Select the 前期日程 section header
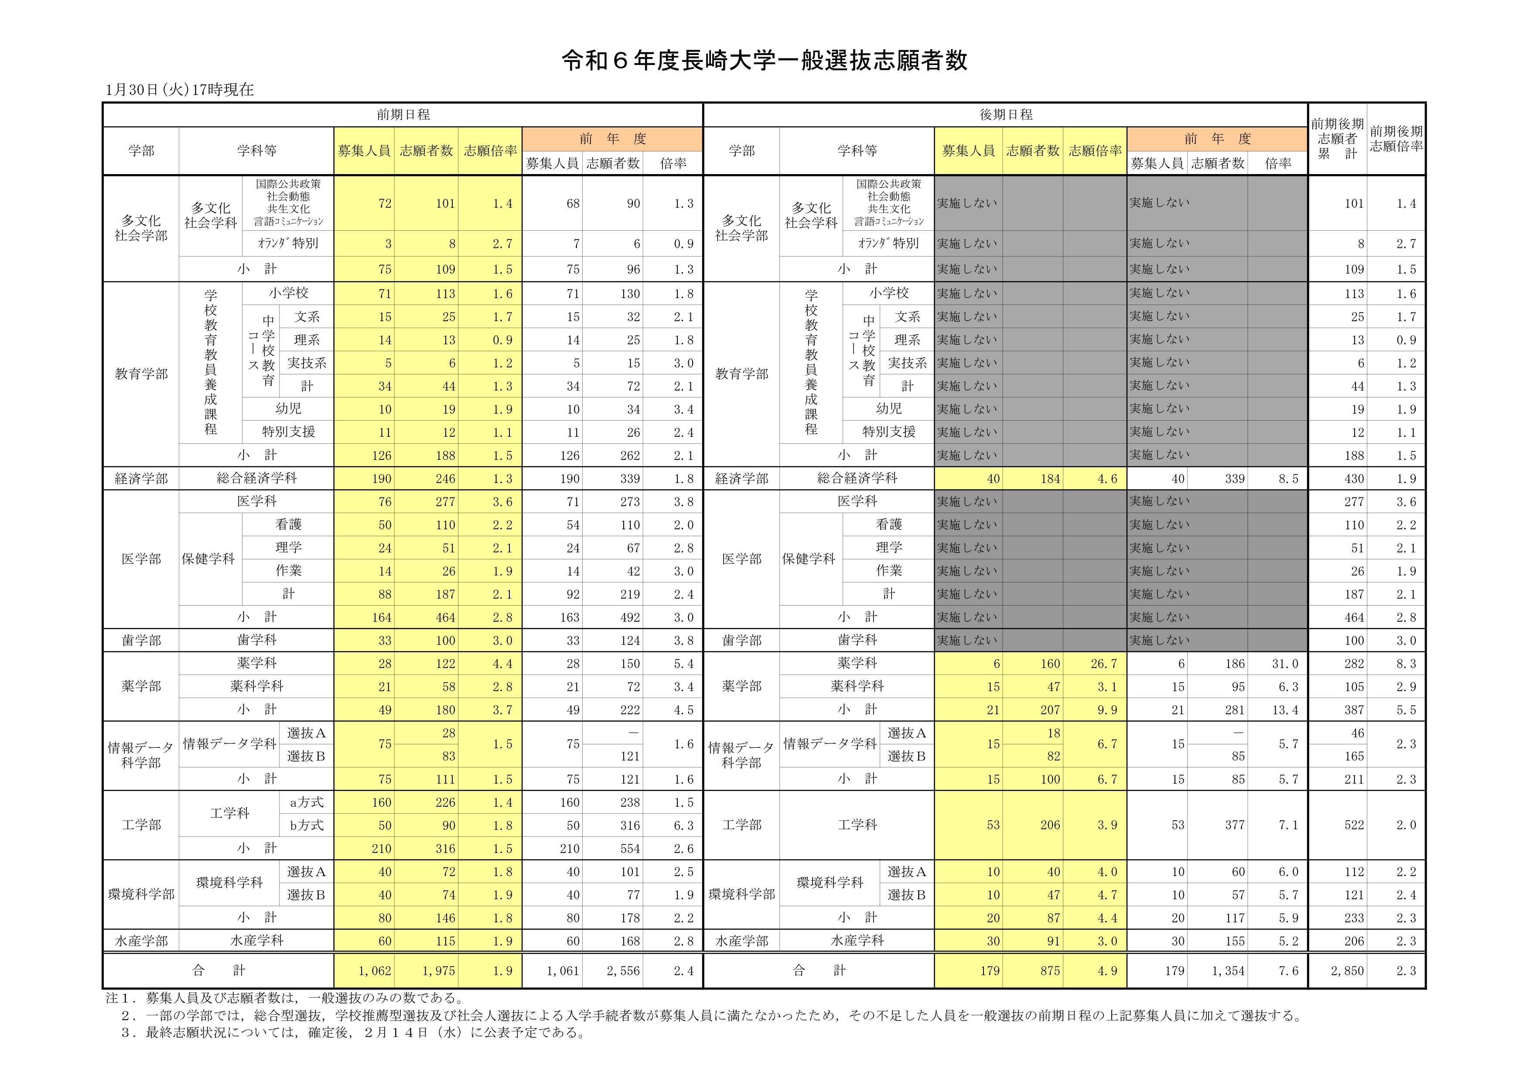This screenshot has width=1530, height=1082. click(x=403, y=115)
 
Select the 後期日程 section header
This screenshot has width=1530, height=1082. click(x=1006, y=115)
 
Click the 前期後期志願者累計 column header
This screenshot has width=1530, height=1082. click(x=1337, y=139)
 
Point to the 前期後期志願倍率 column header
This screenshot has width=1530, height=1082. click(x=1396, y=139)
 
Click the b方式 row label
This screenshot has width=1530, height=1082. click(x=307, y=825)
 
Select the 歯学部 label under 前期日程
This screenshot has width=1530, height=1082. click(x=141, y=640)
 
